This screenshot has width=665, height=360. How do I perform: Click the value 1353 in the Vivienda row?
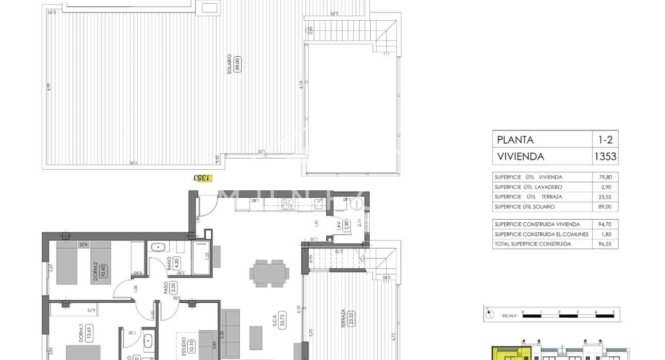click(605, 156)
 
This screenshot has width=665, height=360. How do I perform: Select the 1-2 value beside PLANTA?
click(605, 140)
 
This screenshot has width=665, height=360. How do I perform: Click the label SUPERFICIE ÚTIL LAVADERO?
click(528, 187)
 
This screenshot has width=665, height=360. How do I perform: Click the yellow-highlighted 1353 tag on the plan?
click(202, 178)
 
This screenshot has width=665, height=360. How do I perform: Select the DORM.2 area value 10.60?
click(103, 271)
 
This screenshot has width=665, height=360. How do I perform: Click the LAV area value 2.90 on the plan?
click(347, 225)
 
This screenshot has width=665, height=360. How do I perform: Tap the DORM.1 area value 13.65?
click(88, 331)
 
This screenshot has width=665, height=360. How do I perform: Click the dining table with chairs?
click(269, 273)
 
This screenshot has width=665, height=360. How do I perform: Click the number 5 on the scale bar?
click(613, 312)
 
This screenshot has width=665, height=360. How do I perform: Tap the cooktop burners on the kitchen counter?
click(288, 204)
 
